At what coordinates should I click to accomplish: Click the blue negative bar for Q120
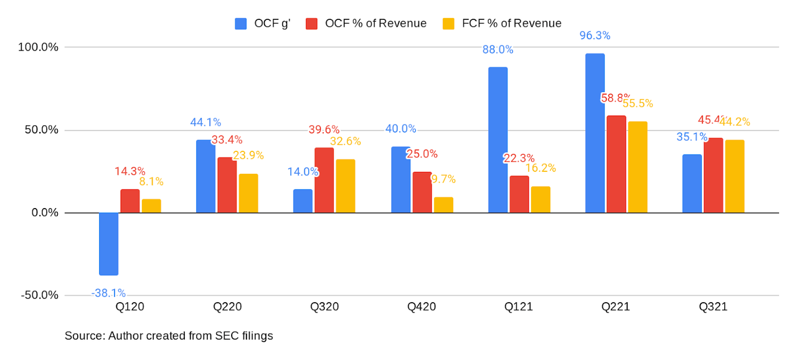108,244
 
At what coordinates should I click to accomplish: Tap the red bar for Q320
324,180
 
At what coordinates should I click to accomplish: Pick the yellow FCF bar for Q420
443,205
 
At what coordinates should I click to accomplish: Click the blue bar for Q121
498,140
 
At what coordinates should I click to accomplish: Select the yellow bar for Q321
734,176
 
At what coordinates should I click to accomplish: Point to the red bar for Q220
227,185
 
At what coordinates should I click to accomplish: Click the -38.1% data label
108,293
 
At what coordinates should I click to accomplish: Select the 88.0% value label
498,49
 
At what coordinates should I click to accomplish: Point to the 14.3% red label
130,171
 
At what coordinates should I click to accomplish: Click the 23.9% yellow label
248,155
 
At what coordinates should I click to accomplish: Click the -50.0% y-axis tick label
39,295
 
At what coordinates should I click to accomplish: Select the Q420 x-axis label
422,307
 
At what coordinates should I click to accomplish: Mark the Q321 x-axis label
713,307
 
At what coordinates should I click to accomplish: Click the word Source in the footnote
84,336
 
